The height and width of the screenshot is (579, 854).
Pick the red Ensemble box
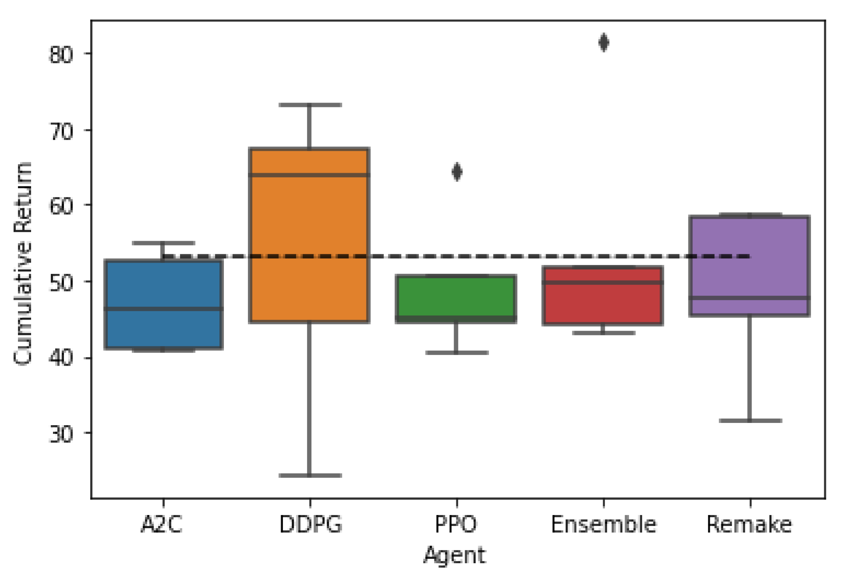(603, 302)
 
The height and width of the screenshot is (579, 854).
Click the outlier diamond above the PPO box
(457, 172)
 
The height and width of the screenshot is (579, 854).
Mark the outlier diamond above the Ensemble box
(603, 43)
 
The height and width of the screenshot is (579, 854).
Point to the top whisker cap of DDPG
(310, 105)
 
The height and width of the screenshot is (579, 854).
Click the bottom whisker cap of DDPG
(310, 475)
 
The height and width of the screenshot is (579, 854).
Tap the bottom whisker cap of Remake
(750, 420)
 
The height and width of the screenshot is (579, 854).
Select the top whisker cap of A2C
(163, 243)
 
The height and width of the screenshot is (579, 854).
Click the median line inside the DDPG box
(309, 175)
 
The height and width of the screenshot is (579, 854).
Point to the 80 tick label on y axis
(60, 55)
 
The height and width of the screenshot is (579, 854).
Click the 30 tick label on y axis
(60, 434)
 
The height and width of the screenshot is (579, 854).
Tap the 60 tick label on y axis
(60, 206)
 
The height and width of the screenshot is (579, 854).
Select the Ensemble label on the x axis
(603, 524)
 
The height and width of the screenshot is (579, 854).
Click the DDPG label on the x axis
(310, 524)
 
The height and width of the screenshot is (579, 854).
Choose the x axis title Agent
(455, 556)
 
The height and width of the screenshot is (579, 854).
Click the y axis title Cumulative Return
(23, 263)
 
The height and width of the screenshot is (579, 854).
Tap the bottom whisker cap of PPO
(456, 352)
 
